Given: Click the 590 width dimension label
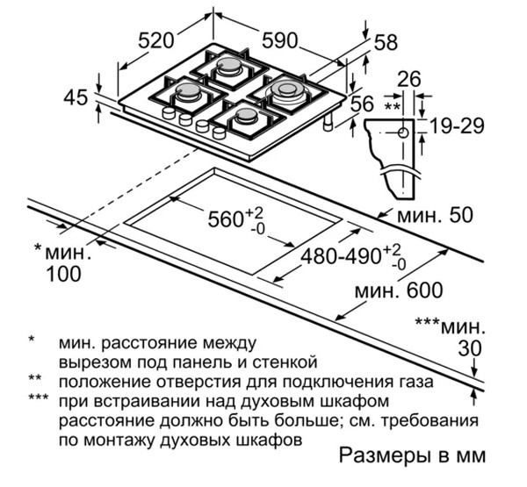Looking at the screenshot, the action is tap(279, 39).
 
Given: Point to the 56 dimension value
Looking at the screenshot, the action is tap(363, 104).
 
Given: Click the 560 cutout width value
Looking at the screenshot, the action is tap(226, 219).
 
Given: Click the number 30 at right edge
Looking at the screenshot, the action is tap(472, 348).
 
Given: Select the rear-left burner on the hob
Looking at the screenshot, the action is tap(231, 67).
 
